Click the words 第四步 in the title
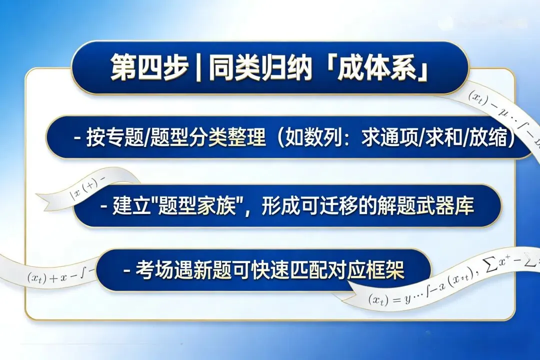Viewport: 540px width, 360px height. (148, 68)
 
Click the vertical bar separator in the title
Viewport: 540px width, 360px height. (198, 68)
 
